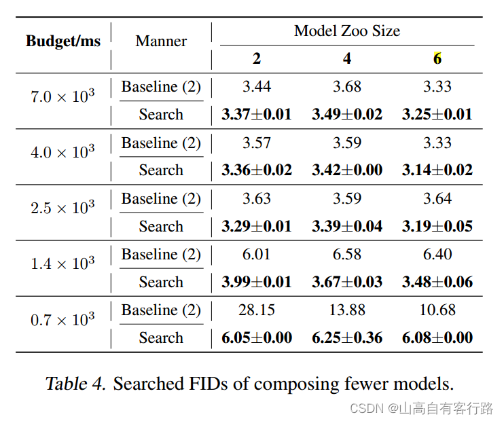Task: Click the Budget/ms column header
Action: click(63, 41)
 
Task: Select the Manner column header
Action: click(161, 41)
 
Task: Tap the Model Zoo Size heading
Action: click(346, 31)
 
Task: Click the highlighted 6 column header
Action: click(437, 59)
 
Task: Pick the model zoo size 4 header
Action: click(346, 59)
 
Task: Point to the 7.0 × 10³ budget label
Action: click(62, 96)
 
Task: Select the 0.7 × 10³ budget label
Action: click(62, 319)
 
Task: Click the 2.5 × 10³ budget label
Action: click(62, 208)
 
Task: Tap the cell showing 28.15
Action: click(256, 310)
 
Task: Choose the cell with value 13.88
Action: click(346, 310)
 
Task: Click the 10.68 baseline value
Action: click(437, 310)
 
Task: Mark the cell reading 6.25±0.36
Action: click(346, 338)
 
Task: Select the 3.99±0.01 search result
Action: click(256, 282)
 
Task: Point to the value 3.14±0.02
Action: click(437, 170)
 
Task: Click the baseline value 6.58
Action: click(346, 254)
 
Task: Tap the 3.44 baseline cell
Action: click(256, 86)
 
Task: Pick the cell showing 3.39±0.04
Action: click(346, 226)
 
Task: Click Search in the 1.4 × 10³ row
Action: click(161, 282)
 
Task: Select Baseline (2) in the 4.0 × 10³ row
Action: click(161, 143)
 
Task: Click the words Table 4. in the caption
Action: click(75, 384)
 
